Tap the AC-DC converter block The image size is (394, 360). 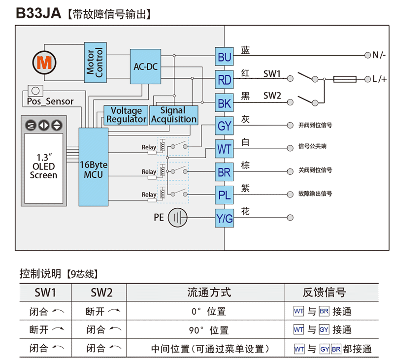[x=145, y=66]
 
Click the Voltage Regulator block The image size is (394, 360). [x=126, y=115]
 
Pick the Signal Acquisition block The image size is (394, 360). [x=173, y=115]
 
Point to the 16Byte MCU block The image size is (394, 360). [x=94, y=166]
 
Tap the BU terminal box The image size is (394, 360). [x=224, y=58]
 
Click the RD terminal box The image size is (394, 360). [x=224, y=80]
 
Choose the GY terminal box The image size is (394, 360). [x=224, y=126]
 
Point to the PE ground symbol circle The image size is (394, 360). [x=178, y=217]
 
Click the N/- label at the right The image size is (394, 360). [x=379, y=55]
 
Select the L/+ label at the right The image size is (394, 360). [x=379, y=79]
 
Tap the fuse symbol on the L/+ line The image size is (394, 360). [x=345, y=79]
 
